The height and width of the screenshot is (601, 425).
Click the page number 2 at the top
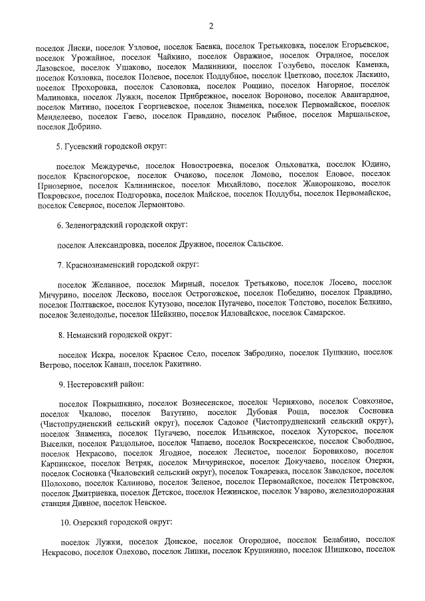click(x=211, y=26)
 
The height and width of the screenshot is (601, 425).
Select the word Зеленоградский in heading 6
click(x=97, y=225)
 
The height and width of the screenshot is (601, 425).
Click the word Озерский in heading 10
click(x=89, y=523)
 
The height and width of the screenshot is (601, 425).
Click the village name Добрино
click(x=82, y=126)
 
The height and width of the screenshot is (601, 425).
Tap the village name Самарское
click(x=322, y=313)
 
